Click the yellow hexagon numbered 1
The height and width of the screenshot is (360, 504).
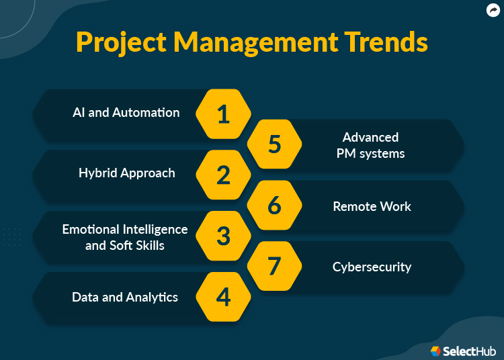pos(223,114)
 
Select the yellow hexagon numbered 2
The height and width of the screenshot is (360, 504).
pos(223,175)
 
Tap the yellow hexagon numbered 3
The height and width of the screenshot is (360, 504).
pos(223,236)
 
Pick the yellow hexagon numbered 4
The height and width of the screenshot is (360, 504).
pos(223,297)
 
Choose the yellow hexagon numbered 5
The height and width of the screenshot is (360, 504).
pos(274,144)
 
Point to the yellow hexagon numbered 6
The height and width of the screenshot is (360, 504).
pos(274,206)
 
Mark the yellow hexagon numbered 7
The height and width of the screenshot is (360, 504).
pos(274,267)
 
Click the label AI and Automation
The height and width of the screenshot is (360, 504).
pos(126,113)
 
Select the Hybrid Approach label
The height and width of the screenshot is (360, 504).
pos(126,173)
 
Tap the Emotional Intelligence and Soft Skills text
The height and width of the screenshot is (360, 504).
pos(125,237)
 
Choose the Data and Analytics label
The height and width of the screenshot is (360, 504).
pos(125,297)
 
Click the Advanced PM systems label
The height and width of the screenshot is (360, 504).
pos(371,145)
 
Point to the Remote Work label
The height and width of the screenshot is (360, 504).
pos(372,206)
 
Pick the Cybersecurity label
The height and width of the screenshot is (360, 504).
pos(372,267)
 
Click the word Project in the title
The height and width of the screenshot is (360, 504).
pos(121,42)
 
